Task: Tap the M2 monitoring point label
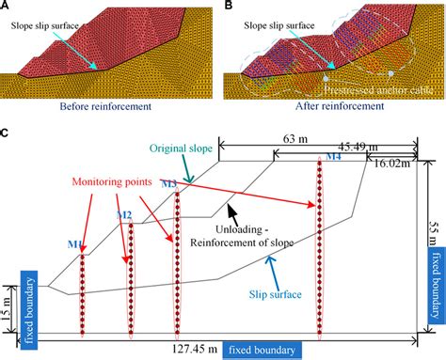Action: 122,216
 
